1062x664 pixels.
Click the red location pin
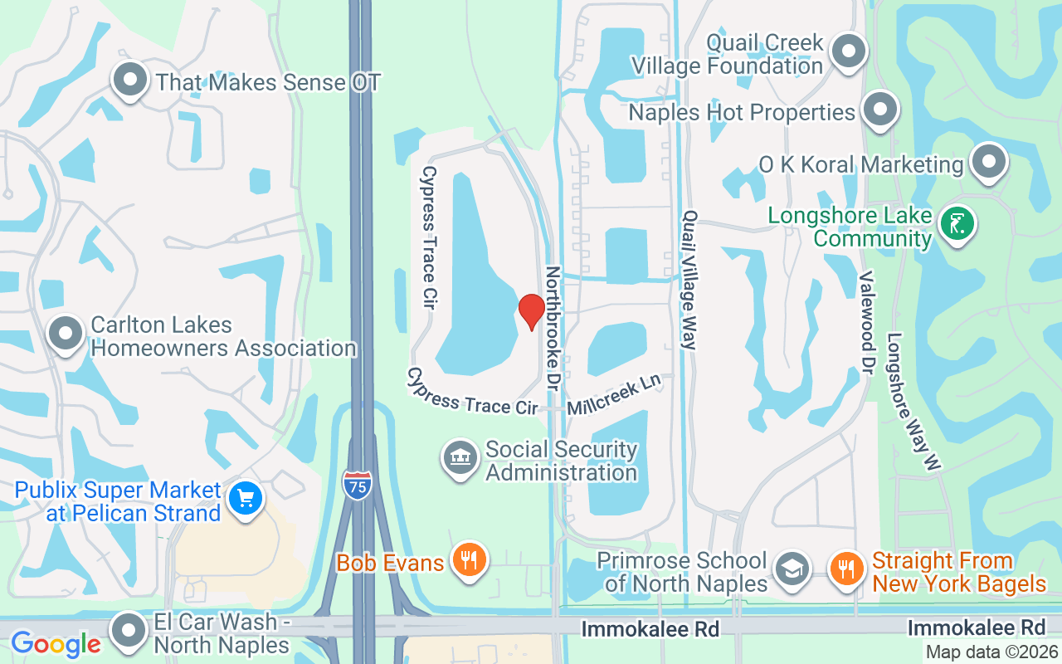(531, 311)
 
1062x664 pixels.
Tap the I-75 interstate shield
(357, 483)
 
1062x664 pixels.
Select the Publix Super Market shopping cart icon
(246, 499)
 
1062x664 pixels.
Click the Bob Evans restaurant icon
(469, 560)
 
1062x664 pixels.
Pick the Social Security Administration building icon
(460, 459)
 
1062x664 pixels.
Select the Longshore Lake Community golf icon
(957, 223)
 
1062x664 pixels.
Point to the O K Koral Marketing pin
(988, 162)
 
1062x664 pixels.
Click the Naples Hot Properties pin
(880, 110)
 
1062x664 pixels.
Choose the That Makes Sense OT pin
(129, 81)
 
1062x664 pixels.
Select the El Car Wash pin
(129, 631)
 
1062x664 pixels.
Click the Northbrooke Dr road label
(553, 329)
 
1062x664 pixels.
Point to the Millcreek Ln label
(615, 394)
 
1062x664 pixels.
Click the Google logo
(56, 643)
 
